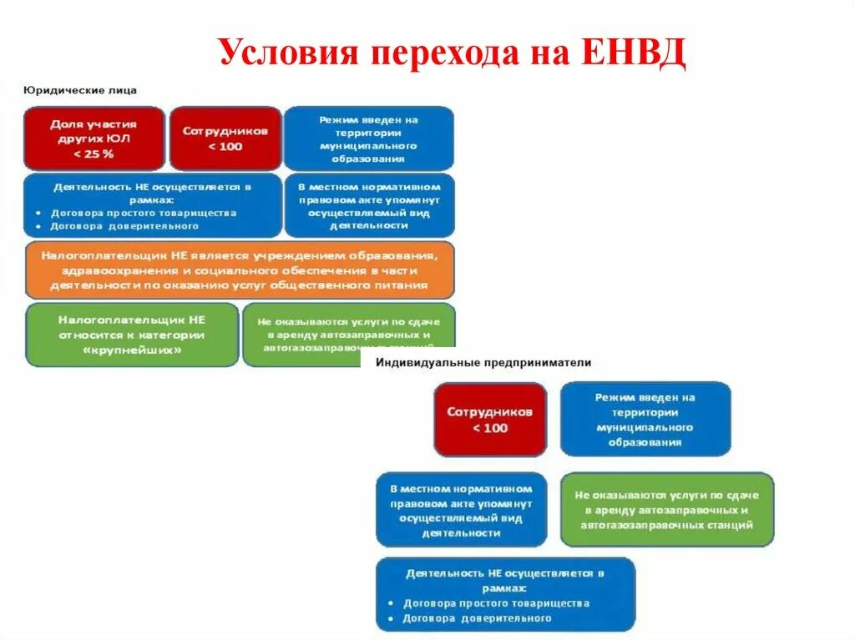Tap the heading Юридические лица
[x=79, y=89]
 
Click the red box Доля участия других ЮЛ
[x=94, y=139]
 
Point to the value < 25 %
[x=94, y=154]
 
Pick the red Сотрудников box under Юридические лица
[x=225, y=139]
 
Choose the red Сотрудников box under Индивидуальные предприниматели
[x=490, y=420]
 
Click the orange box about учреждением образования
[x=240, y=270]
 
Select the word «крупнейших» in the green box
[x=131, y=350]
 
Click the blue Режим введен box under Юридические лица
[x=368, y=139]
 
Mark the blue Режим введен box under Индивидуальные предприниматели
[x=645, y=420]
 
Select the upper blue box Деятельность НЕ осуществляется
[x=152, y=206]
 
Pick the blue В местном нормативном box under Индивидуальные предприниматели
[x=461, y=510]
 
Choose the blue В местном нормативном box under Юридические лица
[x=369, y=206]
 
